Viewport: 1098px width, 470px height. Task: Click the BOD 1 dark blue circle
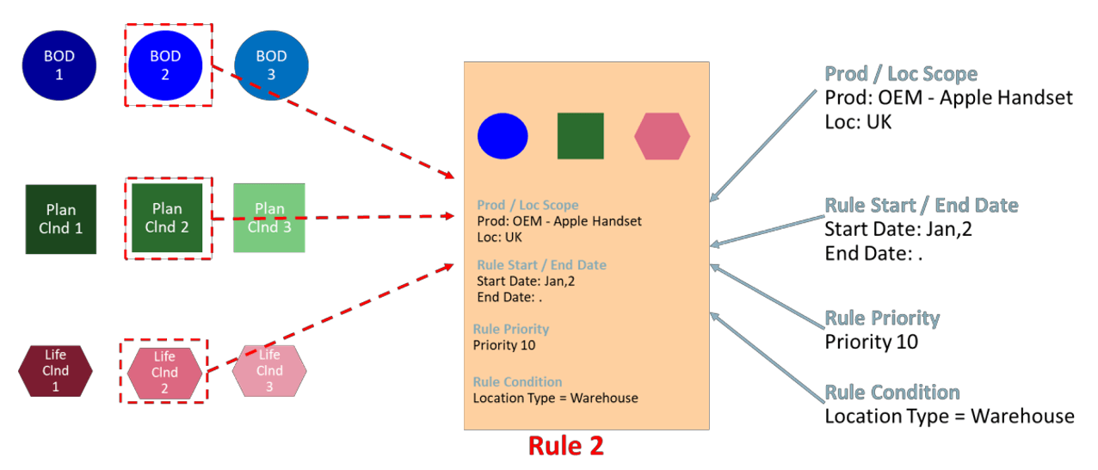pos(59,65)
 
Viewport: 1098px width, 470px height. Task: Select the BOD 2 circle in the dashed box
pos(165,65)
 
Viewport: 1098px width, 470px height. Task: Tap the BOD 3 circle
pos(271,65)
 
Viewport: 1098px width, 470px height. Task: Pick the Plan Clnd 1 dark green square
pos(61,219)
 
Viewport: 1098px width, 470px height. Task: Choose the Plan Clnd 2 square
pos(167,218)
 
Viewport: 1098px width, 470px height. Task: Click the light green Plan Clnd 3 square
pos(269,218)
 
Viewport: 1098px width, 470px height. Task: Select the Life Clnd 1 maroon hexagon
pos(55,370)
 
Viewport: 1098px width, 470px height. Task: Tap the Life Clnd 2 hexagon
pos(164,371)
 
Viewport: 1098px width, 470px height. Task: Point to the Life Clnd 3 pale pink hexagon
pos(269,370)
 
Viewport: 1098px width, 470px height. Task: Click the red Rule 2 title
pos(565,446)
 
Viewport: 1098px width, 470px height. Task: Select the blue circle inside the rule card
pos(503,136)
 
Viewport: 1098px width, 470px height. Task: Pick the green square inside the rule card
pos(581,136)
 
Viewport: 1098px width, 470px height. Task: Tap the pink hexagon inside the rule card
pos(662,136)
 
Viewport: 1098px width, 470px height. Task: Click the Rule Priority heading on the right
pos(882,318)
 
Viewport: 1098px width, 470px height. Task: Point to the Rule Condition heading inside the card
pos(517,381)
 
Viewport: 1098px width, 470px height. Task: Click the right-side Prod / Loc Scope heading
pos(901,74)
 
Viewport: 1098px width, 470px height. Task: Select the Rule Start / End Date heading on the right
pos(921,206)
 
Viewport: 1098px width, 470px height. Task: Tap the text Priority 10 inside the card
pos(504,345)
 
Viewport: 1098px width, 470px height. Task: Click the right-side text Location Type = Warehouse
pos(949,417)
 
